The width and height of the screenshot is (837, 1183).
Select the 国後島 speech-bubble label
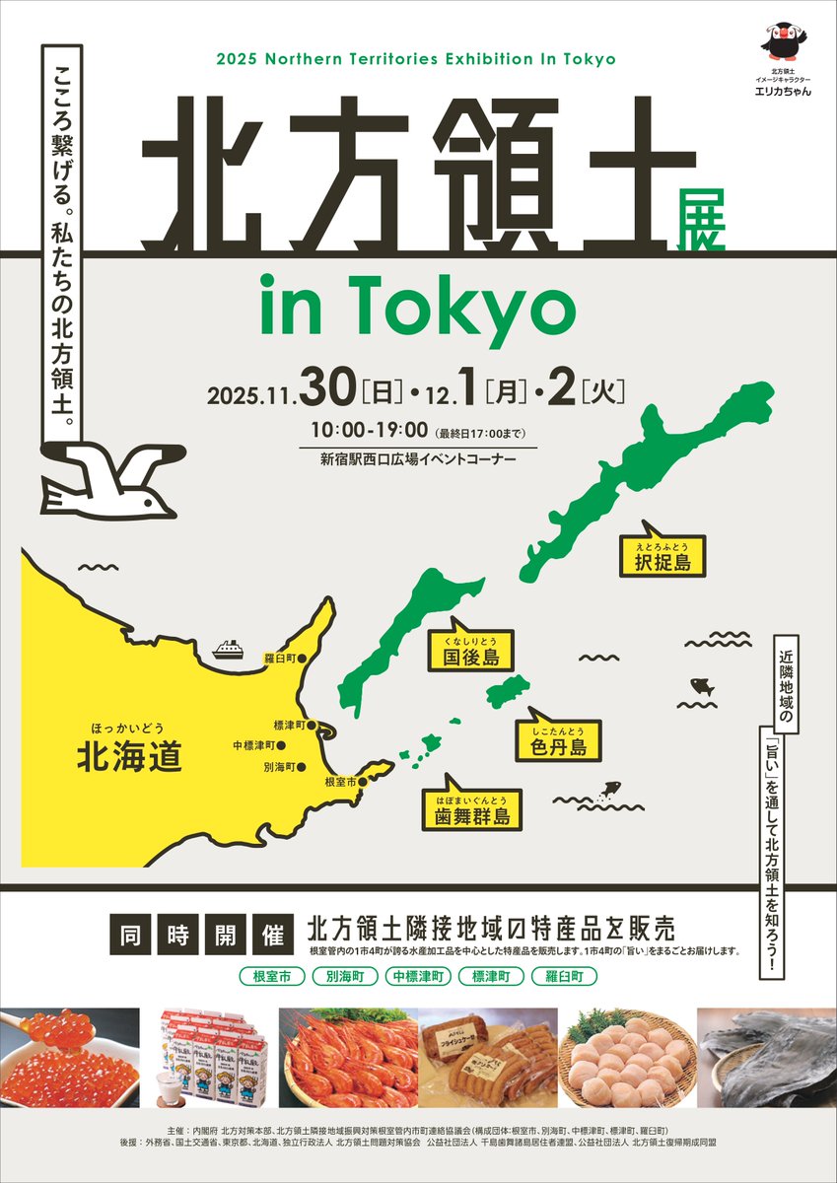pyautogui.click(x=470, y=654)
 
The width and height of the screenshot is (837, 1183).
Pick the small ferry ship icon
pyautogui.click(x=228, y=649)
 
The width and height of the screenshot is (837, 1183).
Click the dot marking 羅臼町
pyautogui.click(x=303, y=658)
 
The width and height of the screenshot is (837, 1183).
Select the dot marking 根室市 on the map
pyautogui.click(x=363, y=782)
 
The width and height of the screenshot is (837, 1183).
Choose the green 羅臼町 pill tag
pyautogui.click(x=563, y=977)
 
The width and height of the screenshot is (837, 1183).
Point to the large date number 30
pyautogui.click(x=327, y=390)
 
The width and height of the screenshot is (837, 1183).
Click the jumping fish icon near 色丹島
pyautogui.click(x=610, y=789)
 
